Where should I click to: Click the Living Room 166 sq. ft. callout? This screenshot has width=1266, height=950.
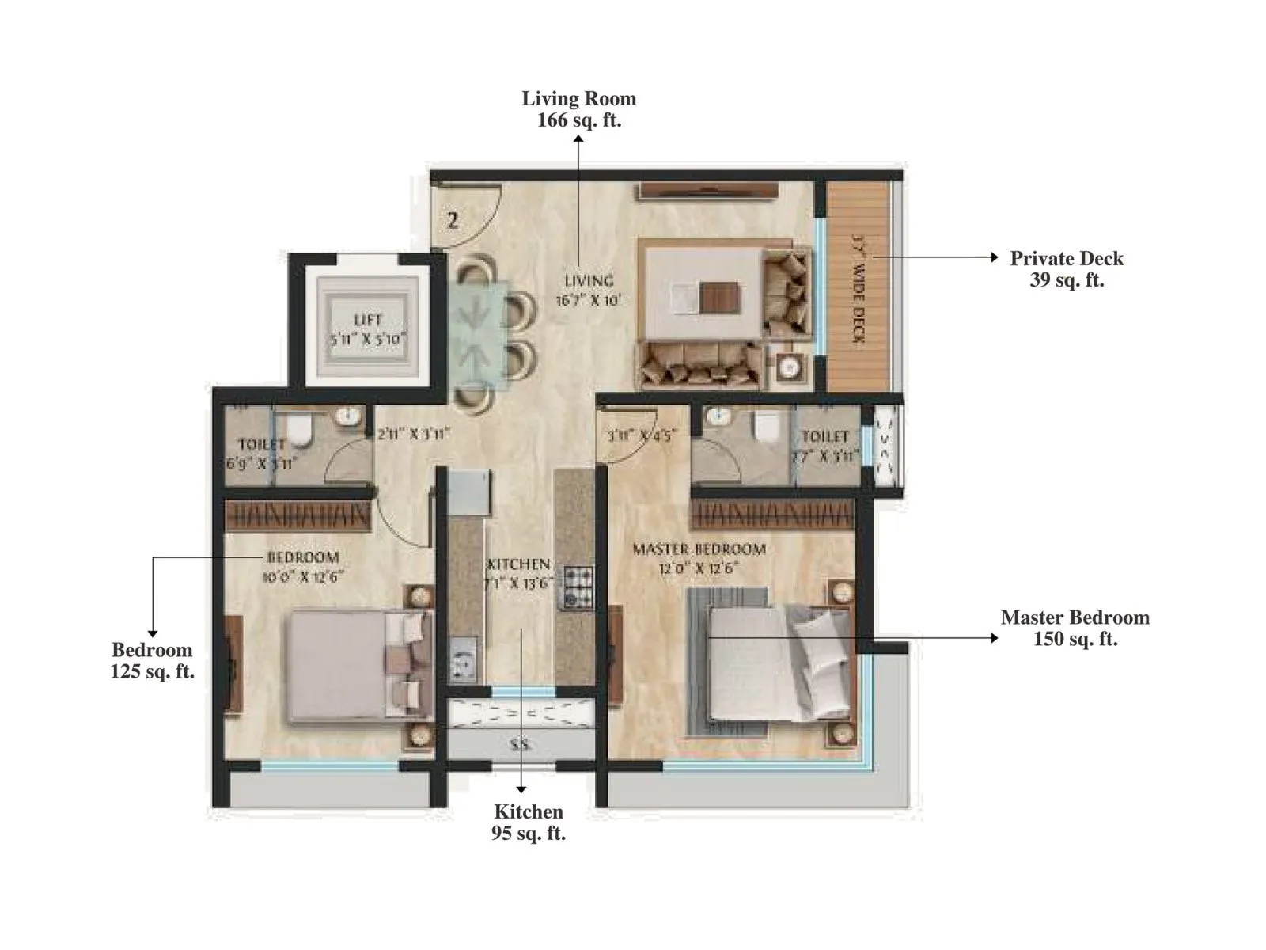tap(578, 109)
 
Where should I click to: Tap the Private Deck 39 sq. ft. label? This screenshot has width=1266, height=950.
tap(1066, 269)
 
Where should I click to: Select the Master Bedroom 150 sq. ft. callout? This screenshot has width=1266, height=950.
tap(1075, 628)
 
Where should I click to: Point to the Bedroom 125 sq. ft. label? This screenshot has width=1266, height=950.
tap(152, 660)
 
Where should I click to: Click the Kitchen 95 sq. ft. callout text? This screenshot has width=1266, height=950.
tap(528, 822)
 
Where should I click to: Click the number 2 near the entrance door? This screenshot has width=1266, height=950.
tap(453, 220)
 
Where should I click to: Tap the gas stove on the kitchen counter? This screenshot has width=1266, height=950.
tap(576, 588)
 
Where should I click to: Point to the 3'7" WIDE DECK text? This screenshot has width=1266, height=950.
tap(859, 289)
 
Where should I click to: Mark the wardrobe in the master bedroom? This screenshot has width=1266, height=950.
tap(771, 515)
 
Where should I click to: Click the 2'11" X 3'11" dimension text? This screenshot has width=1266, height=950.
tap(412, 434)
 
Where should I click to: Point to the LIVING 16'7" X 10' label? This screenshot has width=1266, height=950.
tap(589, 291)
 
